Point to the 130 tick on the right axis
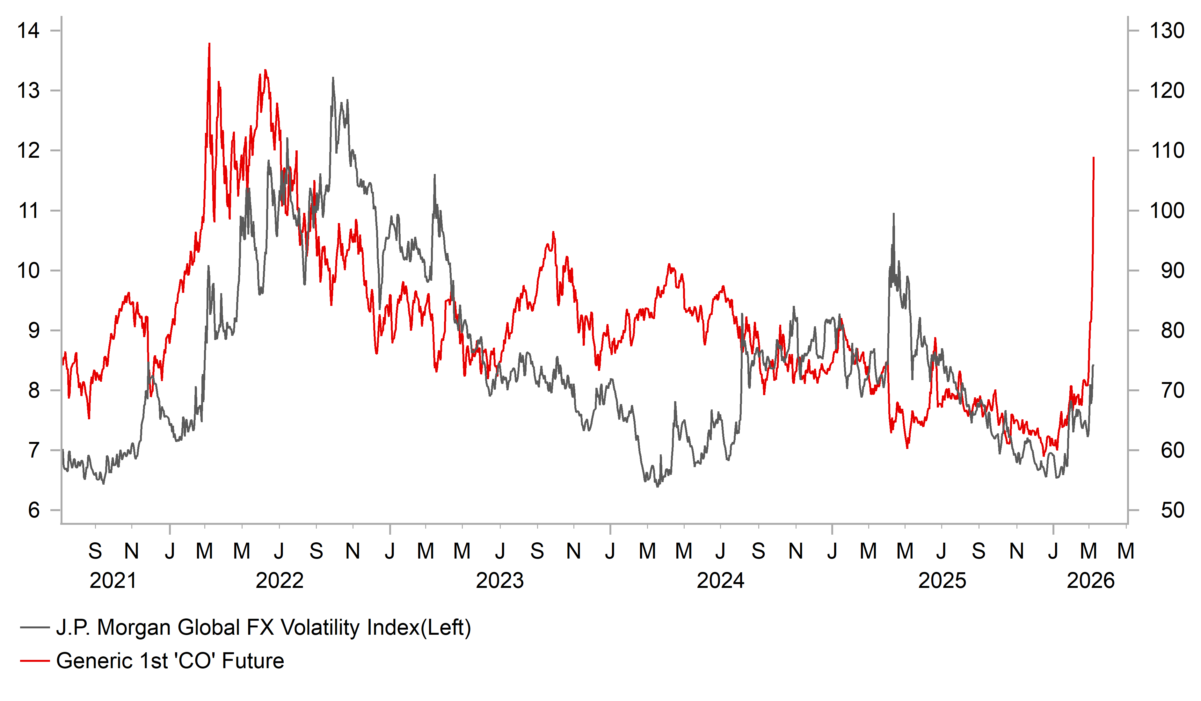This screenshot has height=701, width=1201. click(x=1167, y=31)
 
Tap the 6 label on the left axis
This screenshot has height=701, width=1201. click(x=34, y=510)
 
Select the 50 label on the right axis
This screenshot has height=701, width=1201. click(x=1172, y=510)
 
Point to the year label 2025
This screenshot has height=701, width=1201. click(x=942, y=581)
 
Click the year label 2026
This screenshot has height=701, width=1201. click(x=1090, y=581)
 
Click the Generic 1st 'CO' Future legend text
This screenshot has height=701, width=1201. click(x=170, y=661)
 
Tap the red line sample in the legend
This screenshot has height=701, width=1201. click(x=35, y=661)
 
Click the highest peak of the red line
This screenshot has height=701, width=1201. click(x=209, y=44)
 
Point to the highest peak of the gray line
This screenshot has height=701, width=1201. click(x=333, y=78)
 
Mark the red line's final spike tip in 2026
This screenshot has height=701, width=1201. click(x=1093, y=158)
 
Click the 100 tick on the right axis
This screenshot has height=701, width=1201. click(x=1167, y=211)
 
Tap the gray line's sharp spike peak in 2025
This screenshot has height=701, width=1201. click(x=894, y=214)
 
